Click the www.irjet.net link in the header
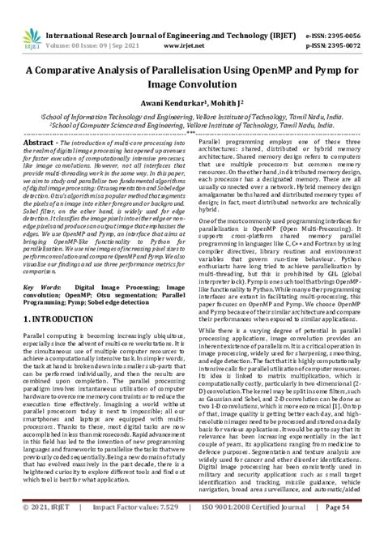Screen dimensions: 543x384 [x=192, y=25]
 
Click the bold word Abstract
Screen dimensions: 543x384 [x=38, y=142]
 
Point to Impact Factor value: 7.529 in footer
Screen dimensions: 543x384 [x=126, y=528]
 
